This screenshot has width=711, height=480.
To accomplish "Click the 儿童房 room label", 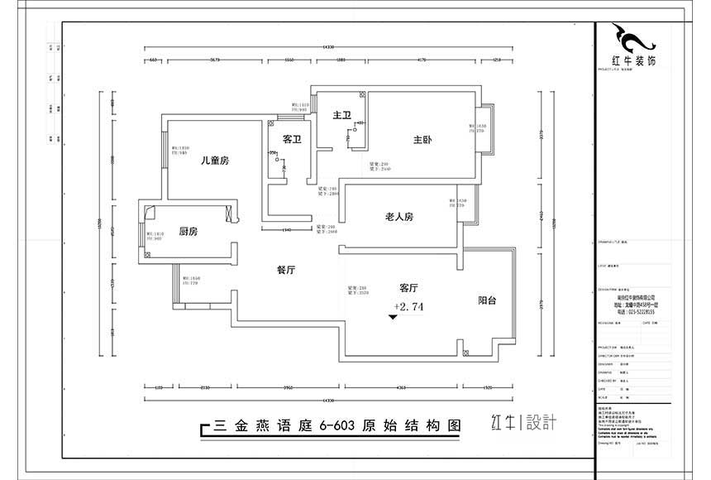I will [x=214, y=161].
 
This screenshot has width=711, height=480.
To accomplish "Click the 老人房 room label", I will [x=398, y=217].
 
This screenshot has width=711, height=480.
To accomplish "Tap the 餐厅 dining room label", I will [x=286, y=269].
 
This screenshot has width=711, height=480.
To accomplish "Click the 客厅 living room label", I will [x=408, y=288].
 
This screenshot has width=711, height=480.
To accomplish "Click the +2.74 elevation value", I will [x=409, y=306].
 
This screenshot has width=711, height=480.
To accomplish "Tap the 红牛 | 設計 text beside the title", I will [x=523, y=423].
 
